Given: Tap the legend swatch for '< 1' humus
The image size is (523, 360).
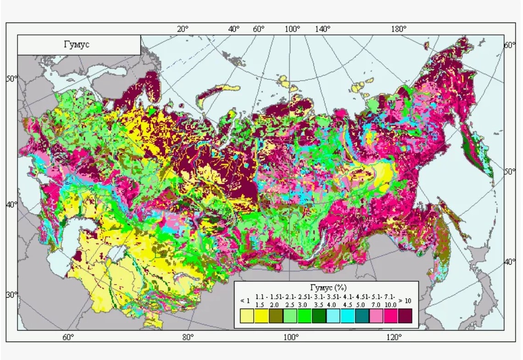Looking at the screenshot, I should [247, 316].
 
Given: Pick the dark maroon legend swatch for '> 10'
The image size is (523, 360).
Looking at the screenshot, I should [405, 316].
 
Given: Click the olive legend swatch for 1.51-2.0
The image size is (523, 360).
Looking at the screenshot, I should [276, 316].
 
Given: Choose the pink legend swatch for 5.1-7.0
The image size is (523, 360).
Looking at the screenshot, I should [376, 316].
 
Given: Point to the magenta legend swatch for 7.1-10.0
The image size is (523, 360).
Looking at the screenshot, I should [391, 316].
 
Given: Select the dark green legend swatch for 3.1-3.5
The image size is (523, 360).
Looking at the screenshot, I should [319, 316].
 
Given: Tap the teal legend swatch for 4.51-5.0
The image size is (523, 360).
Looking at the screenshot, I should [362, 316].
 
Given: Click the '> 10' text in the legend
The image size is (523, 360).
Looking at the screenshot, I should [405, 301].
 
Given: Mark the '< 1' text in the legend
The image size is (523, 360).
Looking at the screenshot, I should [245, 301].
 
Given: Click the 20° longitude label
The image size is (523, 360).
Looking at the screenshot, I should [183, 29].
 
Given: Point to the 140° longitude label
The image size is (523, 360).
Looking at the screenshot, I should [323, 29].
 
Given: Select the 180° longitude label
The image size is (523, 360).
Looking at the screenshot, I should [399, 29].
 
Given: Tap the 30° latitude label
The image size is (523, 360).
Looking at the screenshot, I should [11, 294].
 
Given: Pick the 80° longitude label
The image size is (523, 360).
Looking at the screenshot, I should [188, 338].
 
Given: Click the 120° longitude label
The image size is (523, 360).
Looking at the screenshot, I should [394, 338].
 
